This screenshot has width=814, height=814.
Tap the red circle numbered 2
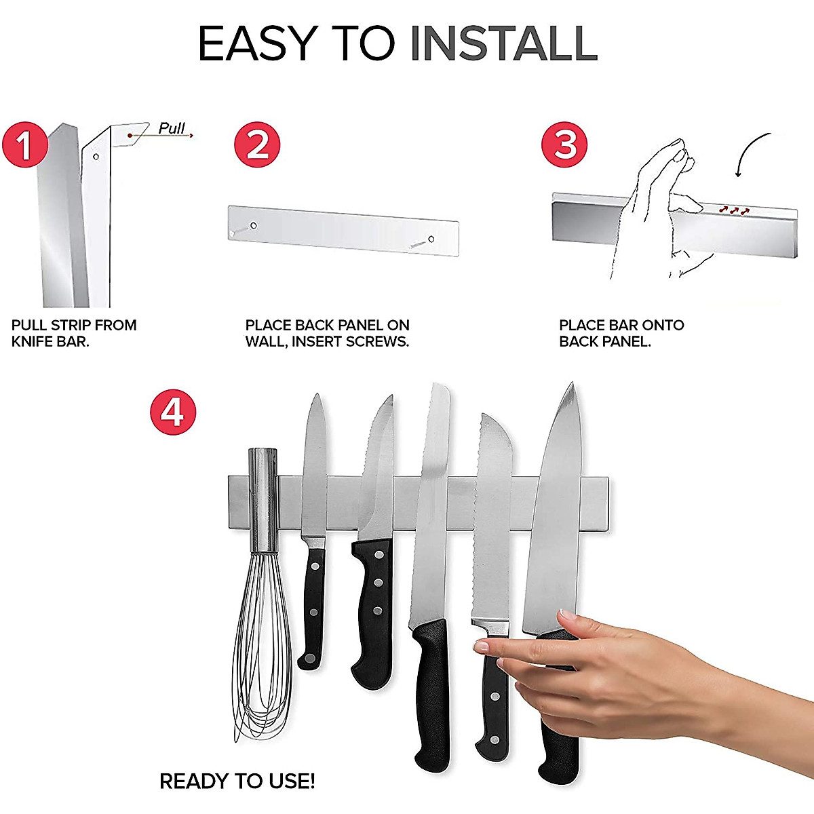(257, 144)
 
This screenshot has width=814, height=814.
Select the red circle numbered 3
(565, 144)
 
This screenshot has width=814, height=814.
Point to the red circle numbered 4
(173, 412)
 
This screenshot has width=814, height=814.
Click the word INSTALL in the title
(503, 44)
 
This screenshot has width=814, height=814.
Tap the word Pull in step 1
(172, 128)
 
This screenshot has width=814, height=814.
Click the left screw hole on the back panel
(253, 226)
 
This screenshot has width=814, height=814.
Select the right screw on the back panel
(430, 239)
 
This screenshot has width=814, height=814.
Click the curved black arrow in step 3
(750, 153)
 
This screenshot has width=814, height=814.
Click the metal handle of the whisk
(263, 499)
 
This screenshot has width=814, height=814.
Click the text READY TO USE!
(237, 781)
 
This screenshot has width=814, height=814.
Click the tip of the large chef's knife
(571, 387)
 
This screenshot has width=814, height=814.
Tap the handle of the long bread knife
(431, 692)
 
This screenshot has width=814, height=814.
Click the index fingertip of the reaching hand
(482, 647)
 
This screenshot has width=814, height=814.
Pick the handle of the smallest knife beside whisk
(312, 610)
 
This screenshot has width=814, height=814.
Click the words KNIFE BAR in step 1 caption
(50, 342)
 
